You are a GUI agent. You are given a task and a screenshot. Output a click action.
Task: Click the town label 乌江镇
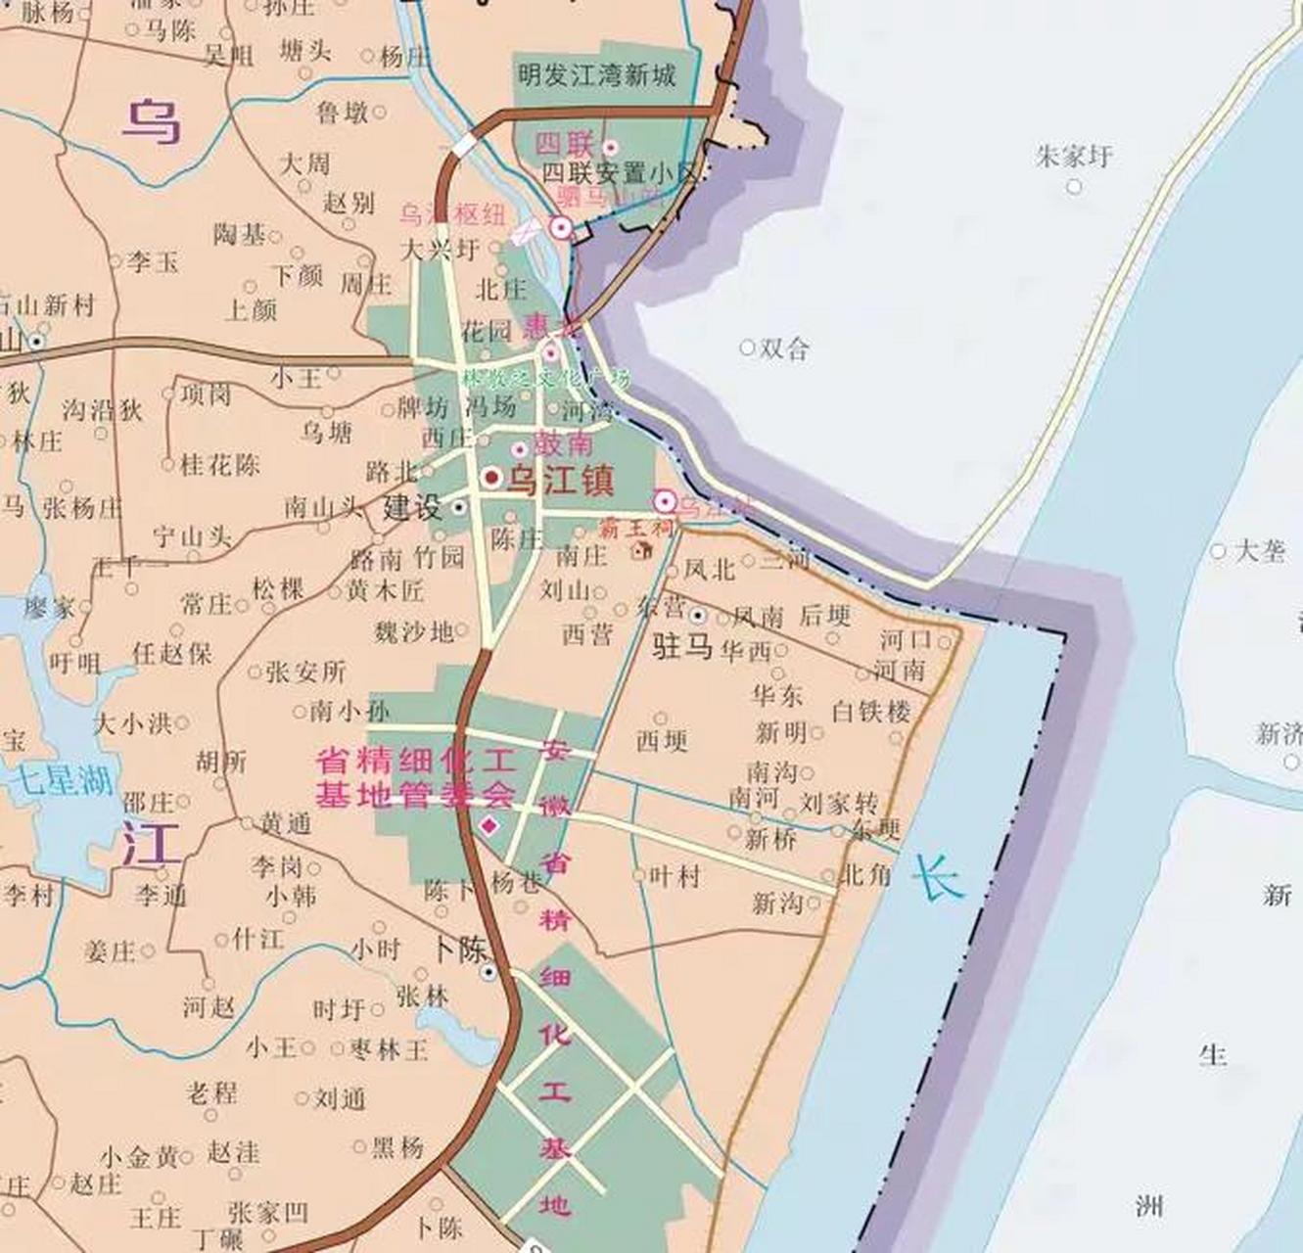(x=559, y=481)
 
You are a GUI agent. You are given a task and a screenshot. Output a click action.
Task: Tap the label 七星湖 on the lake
(x=63, y=780)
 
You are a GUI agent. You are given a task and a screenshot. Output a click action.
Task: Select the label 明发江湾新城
(x=597, y=74)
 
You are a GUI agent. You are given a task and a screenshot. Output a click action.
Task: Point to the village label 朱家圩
(x=1074, y=157)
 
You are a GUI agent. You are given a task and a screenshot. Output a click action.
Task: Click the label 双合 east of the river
(x=784, y=348)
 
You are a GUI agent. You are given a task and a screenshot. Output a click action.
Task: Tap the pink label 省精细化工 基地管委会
(x=415, y=777)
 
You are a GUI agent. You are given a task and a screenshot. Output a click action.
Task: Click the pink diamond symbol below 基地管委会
(x=489, y=827)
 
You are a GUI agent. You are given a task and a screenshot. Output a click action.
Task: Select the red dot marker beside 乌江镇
(x=491, y=479)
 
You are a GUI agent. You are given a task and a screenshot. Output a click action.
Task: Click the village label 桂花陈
(x=220, y=465)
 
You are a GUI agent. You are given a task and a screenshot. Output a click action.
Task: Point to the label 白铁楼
(x=871, y=711)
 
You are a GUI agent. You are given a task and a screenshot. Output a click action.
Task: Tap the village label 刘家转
(x=839, y=804)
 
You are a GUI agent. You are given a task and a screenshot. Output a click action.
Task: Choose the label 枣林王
(x=389, y=1049)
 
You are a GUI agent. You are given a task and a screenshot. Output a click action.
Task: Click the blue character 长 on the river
(x=939, y=876)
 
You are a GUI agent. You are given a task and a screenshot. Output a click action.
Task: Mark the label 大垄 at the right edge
(x=1260, y=551)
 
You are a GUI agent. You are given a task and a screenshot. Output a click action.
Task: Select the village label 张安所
(x=305, y=673)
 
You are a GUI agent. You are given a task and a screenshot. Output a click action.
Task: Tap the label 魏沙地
(x=414, y=632)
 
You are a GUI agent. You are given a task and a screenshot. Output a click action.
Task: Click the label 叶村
(x=675, y=875)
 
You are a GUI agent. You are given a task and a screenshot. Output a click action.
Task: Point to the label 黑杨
(x=397, y=1146)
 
